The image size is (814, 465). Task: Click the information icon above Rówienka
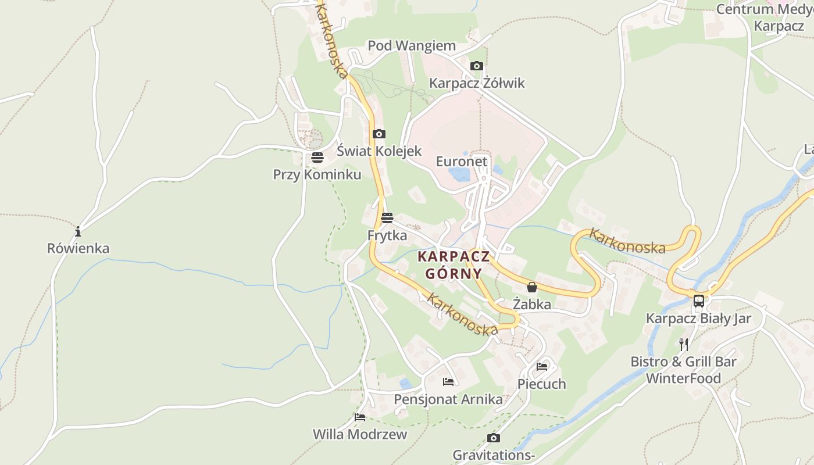tap(78, 232)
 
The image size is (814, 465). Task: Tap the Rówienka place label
tap(78, 249)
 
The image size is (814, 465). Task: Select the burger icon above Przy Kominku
tap(317, 158)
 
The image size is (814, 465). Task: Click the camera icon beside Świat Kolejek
tap(379, 134)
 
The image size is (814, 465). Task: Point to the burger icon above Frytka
tap(387, 219)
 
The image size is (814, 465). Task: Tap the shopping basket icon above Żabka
tap(531, 287)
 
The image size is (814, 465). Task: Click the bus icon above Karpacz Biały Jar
tap(699, 301)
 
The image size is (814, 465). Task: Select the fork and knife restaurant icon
tap(684, 345)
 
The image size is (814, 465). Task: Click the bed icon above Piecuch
tap(542, 367)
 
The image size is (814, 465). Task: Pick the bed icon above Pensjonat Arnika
tap(448, 382)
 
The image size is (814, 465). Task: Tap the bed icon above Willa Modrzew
tap(360, 417)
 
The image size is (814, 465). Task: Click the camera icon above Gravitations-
tap(493, 438)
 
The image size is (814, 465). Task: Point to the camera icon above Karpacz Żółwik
tap(476, 66)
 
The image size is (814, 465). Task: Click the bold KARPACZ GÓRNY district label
tap(454, 265)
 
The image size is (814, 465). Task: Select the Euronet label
tap(462, 161)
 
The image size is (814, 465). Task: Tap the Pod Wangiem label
tap(412, 46)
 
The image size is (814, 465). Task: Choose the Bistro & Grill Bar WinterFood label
tap(684, 370)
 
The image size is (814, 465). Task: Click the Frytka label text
tap(387, 235)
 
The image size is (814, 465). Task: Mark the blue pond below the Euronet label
tap(459, 174)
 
